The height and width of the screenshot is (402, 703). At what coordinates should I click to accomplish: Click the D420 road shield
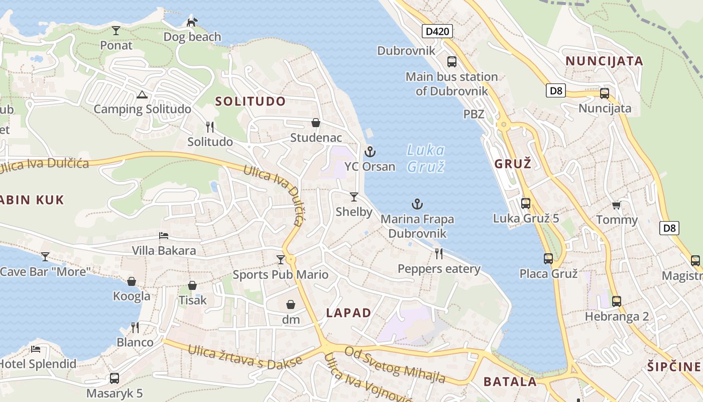(437, 32)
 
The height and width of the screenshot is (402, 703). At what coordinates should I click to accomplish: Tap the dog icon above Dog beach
(192, 22)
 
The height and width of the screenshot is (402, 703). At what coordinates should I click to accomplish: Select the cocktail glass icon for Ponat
(116, 30)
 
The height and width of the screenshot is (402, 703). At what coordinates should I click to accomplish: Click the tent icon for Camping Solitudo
(142, 94)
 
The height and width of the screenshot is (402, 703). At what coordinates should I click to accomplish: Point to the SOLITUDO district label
(251, 101)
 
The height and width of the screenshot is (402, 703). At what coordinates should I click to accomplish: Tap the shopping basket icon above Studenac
(316, 123)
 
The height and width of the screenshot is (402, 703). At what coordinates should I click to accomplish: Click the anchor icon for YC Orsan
(370, 151)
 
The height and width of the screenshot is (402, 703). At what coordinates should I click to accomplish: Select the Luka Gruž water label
(425, 158)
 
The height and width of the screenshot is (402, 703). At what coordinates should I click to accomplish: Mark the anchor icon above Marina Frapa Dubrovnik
(417, 204)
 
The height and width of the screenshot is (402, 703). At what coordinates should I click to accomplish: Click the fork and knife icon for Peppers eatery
(439, 253)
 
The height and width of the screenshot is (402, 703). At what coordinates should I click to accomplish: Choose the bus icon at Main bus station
(452, 62)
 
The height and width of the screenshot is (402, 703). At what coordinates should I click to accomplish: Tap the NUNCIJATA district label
(604, 61)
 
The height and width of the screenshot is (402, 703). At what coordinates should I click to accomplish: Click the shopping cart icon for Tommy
(617, 205)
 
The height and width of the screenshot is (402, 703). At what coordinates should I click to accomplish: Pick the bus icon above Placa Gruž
(548, 259)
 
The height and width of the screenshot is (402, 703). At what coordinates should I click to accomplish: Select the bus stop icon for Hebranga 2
(617, 301)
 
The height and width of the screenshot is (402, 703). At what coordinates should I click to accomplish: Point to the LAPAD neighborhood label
(348, 313)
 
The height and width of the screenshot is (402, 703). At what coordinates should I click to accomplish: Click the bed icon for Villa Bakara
(164, 235)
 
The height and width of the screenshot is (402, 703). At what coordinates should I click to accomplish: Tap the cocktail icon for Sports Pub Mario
(281, 259)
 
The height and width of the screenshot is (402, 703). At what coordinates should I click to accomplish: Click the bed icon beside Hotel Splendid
(36, 349)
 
